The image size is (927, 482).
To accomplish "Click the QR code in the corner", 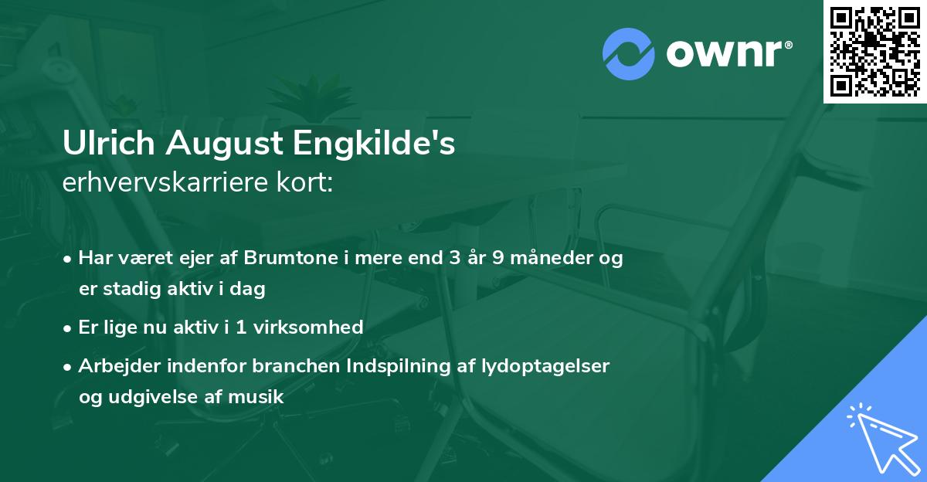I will [875, 51].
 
